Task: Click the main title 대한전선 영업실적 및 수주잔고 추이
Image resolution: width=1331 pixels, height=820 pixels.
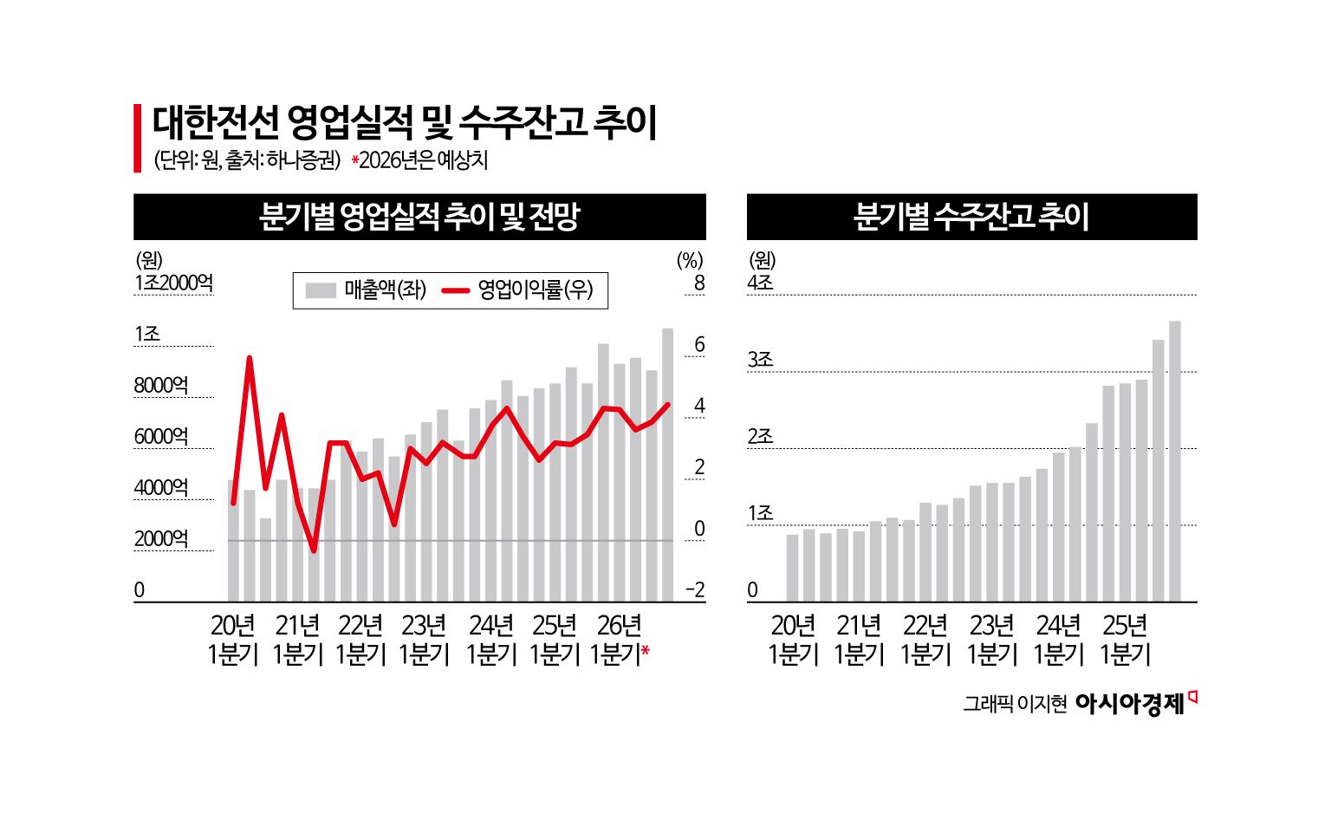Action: pyautogui.click(x=405, y=123)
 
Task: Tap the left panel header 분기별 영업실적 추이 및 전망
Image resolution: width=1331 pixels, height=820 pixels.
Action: pyautogui.click(x=419, y=217)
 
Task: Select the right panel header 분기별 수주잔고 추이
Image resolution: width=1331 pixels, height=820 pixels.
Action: pyautogui.click(x=971, y=217)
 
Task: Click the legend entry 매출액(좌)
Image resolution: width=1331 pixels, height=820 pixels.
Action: pyautogui.click(x=367, y=290)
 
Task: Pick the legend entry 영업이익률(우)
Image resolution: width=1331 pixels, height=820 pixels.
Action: pyautogui.click(x=519, y=290)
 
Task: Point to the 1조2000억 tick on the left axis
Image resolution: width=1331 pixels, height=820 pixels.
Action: pyautogui.click(x=173, y=283)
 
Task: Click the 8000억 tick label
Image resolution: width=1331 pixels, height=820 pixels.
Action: pyautogui.click(x=161, y=386)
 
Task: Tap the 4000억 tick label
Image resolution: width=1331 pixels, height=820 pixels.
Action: pyautogui.click(x=161, y=488)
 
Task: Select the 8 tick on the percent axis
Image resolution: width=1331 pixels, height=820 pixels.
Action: pyautogui.click(x=698, y=283)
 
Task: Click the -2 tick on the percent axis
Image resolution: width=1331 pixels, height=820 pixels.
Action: pyautogui.click(x=695, y=590)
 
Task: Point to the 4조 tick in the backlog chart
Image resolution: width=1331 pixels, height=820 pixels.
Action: pyautogui.click(x=760, y=283)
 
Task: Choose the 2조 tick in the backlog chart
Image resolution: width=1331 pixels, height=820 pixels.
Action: pyautogui.click(x=760, y=437)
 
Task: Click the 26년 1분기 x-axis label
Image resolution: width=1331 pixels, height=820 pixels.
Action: pyautogui.click(x=619, y=640)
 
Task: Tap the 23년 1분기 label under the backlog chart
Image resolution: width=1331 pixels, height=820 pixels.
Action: pyautogui.click(x=992, y=640)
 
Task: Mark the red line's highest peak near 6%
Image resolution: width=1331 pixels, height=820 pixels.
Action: pyautogui.click(x=250, y=358)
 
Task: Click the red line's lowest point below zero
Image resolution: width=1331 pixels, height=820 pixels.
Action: pyautogui.click(x=314, y=550)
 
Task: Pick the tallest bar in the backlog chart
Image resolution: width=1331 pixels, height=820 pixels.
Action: pyautogui.click(x=1175, y=459)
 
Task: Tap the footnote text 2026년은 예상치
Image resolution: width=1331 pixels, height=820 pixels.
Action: pyautogui.click(x=423, y=161)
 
